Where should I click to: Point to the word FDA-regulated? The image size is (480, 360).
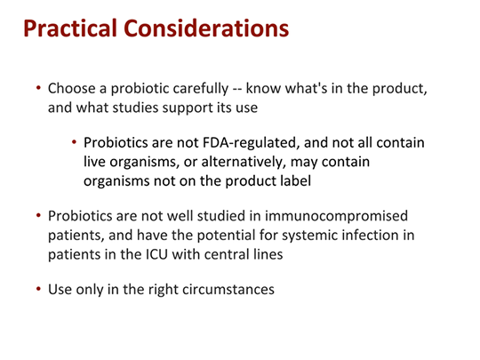(x=227, y=142)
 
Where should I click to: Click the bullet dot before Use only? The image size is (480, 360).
(x=37, y=291)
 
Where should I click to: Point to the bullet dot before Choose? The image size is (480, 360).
(x=37, y=89)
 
